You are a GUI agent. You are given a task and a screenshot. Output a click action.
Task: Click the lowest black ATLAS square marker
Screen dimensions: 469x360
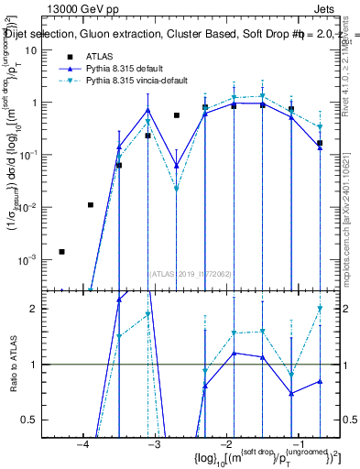click(x=61, y=251)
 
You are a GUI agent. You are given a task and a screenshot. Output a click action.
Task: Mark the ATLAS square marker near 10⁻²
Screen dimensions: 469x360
click(x=90, y=205)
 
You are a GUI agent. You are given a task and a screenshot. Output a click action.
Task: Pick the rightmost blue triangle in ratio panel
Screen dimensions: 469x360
click(x=320, y=381)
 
